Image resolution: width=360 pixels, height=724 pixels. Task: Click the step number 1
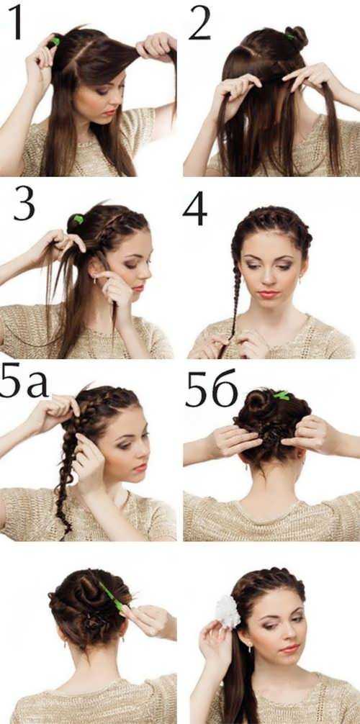tap(16, 22)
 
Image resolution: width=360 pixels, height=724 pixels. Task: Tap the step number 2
tap(200, 22)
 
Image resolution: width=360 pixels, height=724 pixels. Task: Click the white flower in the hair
tap(228, 611)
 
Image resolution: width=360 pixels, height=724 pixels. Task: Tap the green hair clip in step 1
tap(55, 41)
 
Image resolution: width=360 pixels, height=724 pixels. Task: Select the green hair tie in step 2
tap(289, 36)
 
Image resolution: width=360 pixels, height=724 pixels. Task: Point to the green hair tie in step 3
tap(78, 219)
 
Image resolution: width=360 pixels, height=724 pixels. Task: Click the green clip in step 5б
tap(281, 395)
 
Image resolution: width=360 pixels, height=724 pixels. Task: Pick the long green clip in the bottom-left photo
tap(111, 597)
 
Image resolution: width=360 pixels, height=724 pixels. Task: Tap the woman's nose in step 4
tap(269, 279)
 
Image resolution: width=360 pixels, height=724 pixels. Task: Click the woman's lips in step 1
tap(109, 112)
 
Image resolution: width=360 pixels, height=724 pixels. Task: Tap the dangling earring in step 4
tap(301, 280)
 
